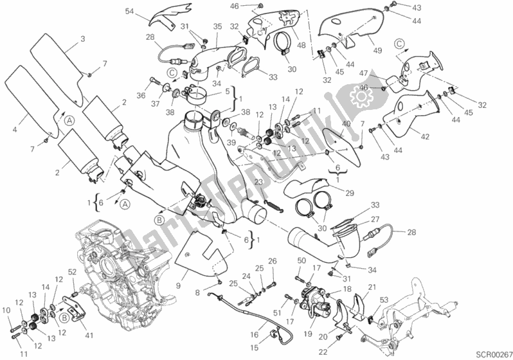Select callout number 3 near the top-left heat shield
click(83, 39)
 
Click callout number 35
click(217, 26)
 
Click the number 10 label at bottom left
click(7, 311)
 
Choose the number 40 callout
click(345, 123)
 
